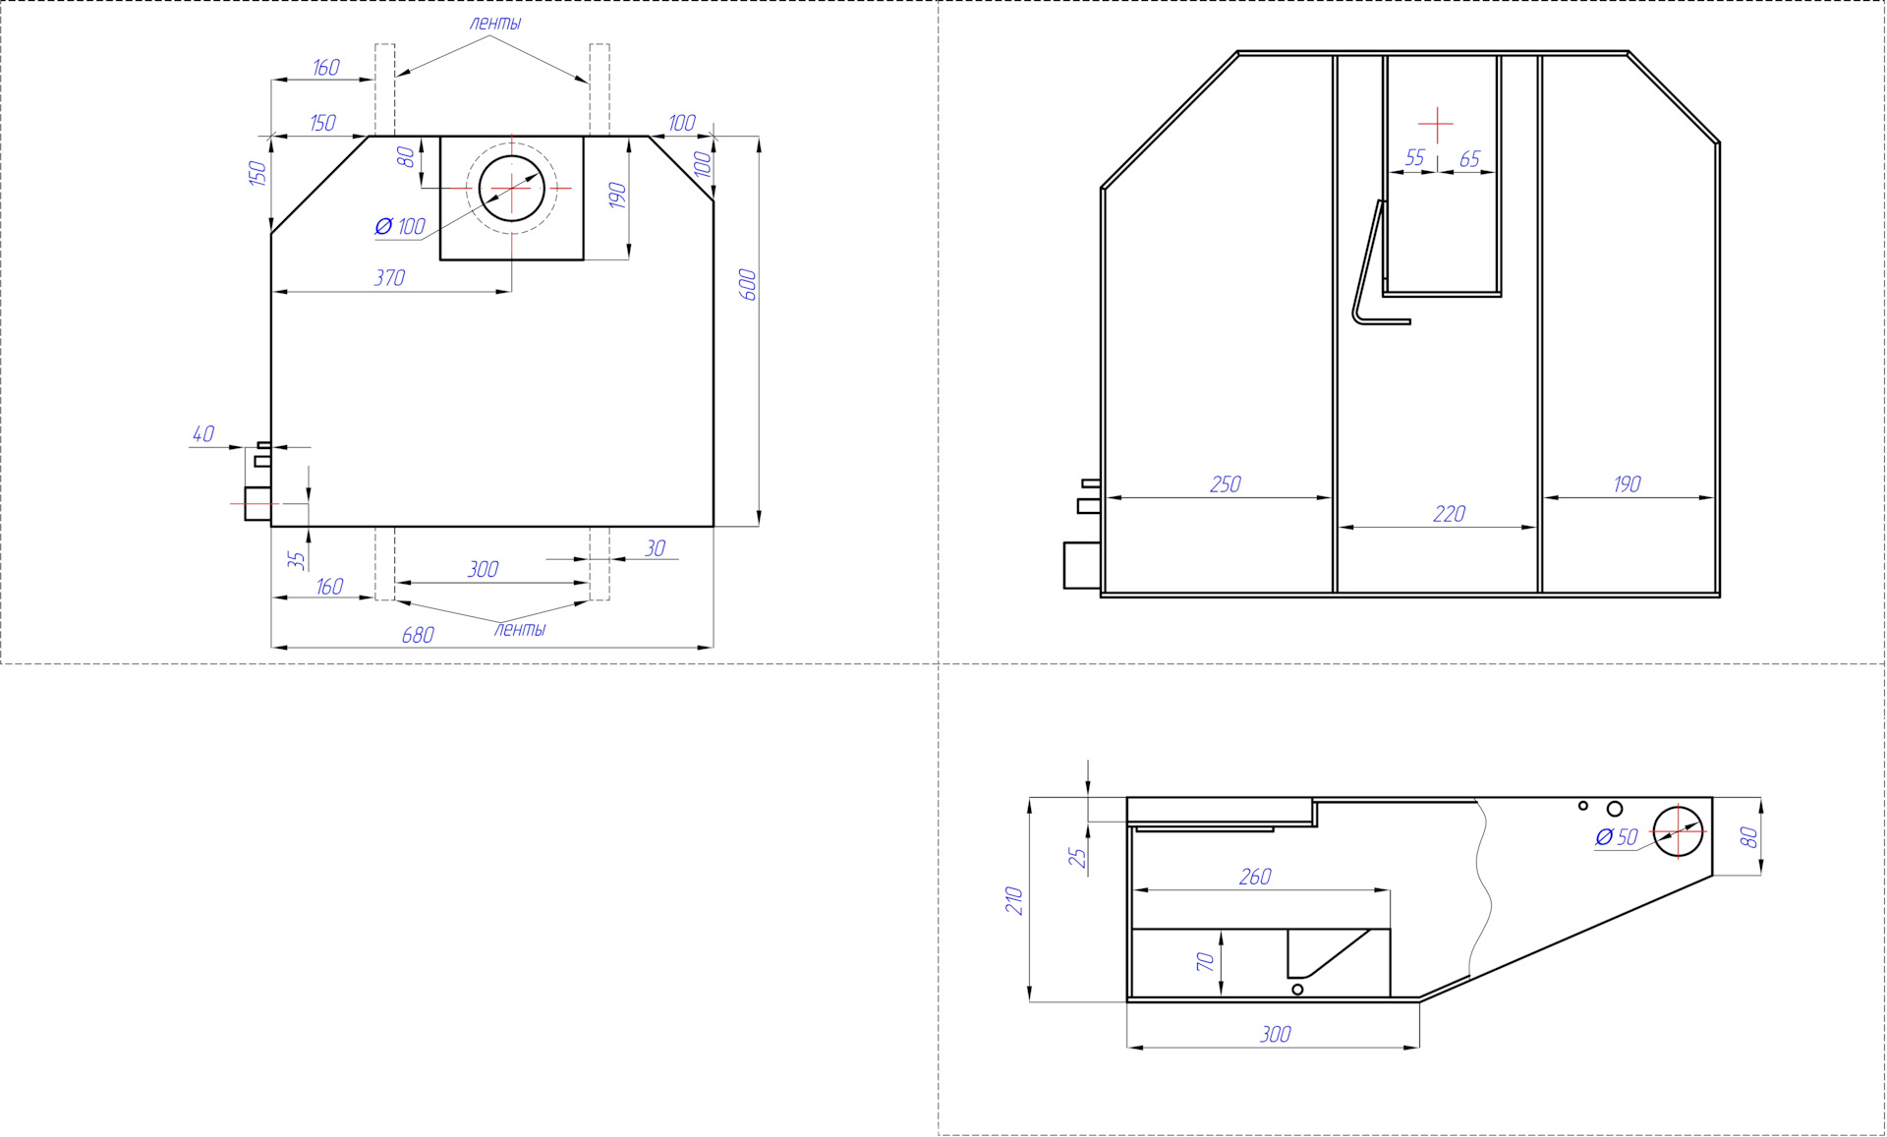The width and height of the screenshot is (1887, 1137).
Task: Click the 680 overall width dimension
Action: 418,635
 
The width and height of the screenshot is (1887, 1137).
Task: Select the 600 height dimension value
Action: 747,284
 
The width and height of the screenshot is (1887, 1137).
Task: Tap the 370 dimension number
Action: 389,278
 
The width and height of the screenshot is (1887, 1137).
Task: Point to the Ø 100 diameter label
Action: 400,227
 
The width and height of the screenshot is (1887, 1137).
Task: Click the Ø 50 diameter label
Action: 1617,837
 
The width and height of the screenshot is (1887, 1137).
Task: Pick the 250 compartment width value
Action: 1226,484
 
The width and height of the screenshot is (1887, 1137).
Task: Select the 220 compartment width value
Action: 1450,514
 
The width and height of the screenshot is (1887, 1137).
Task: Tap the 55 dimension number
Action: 1415,158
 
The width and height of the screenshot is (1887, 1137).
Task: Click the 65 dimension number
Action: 1470,159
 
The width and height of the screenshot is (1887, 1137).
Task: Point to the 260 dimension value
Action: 1255,877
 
